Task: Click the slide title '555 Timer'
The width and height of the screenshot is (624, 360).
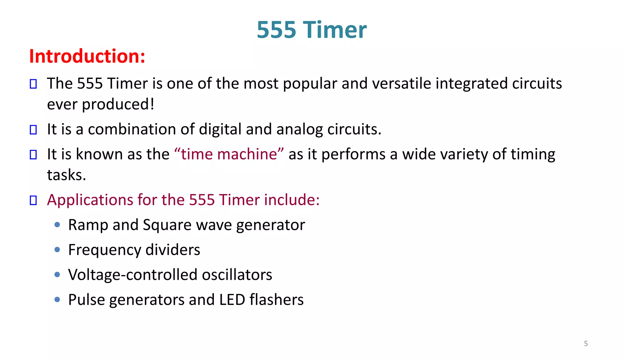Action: [311, 30]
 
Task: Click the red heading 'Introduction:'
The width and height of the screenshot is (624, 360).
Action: [87, 56]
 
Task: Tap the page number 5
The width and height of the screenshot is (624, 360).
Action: [586, 344]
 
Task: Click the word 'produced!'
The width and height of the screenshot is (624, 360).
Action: [118, 104]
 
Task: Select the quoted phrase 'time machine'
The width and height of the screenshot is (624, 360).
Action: [229, 154]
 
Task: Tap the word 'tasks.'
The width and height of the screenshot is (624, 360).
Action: [66, 175]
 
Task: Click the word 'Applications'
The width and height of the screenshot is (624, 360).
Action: [90, 200]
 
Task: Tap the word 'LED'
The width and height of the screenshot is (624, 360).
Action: [232, 300]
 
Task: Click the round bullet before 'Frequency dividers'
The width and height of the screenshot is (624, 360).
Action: [57, 250]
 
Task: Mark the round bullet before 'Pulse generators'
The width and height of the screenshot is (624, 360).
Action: [57, 299]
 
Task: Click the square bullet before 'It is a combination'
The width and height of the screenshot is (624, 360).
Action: [33, 130]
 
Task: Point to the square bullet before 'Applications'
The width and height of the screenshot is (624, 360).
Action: [33, 200]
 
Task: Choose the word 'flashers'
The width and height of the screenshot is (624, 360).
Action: [276, 300]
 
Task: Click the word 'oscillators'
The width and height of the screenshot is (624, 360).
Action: [237, 275]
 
